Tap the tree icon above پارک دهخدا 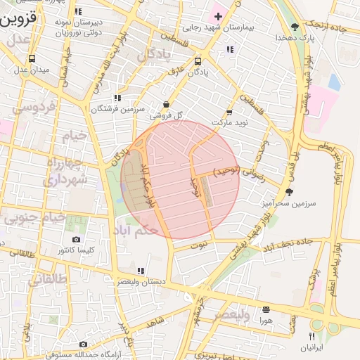294,27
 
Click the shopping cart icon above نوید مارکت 229,112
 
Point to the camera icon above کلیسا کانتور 76,240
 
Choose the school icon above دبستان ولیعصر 141,271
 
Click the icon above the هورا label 266,309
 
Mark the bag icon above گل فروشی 165,104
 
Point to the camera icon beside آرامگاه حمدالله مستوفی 84,345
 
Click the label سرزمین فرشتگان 116,108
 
